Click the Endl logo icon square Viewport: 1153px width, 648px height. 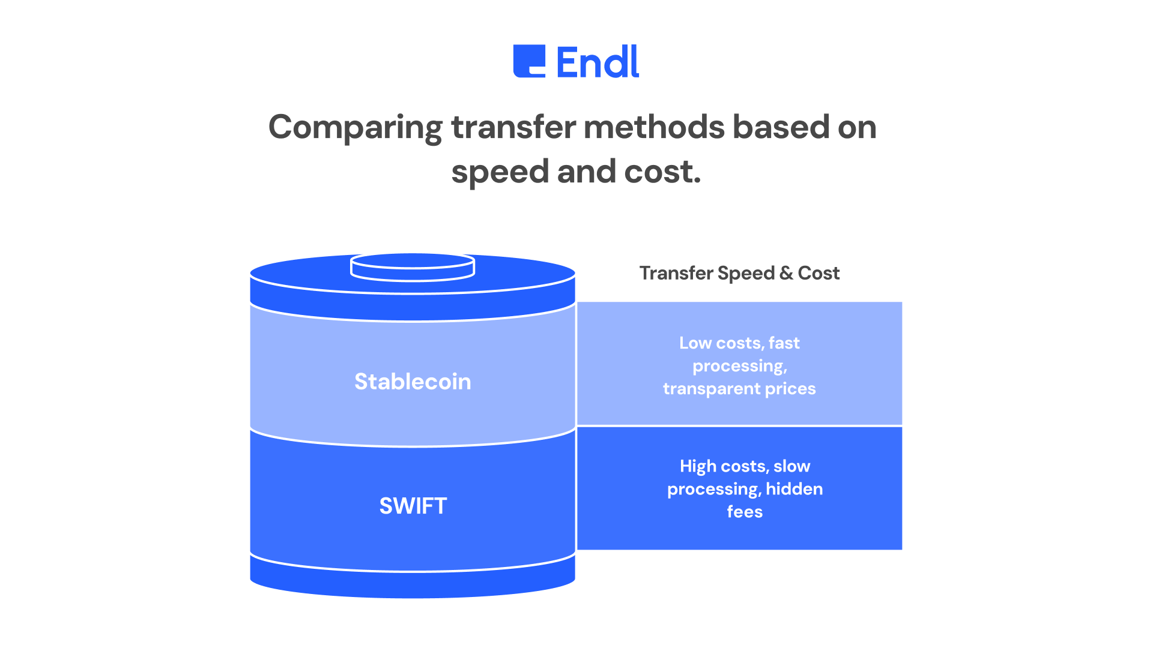(x=529, y=61)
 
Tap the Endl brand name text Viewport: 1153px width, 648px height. (x=598, y=62)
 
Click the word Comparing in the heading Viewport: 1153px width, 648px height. (x=355, y=128)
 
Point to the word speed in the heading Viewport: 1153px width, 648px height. (x=500, y=173)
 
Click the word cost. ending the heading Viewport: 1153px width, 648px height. (x=662, y=172)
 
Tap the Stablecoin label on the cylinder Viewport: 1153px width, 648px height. (x=413, y=382)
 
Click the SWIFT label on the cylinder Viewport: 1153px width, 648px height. (x=413, y=506)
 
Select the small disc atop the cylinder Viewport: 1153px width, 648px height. (x=413, y=267)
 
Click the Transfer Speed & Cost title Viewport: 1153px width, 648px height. (x=739, y=273)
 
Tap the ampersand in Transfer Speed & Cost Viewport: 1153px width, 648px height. (x=785, y=273)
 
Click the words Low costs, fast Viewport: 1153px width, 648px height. (x=739, y=343)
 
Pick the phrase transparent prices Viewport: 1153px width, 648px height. (x=739, y=389)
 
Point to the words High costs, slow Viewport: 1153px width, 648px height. (x=745, y=466)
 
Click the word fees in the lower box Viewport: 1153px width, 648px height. (x=745, y=512)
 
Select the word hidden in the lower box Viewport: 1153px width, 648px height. (x=794, y=489)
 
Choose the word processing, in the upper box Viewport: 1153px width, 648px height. (x=739, y=366)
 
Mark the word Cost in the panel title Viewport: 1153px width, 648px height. (x=819, y=273)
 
